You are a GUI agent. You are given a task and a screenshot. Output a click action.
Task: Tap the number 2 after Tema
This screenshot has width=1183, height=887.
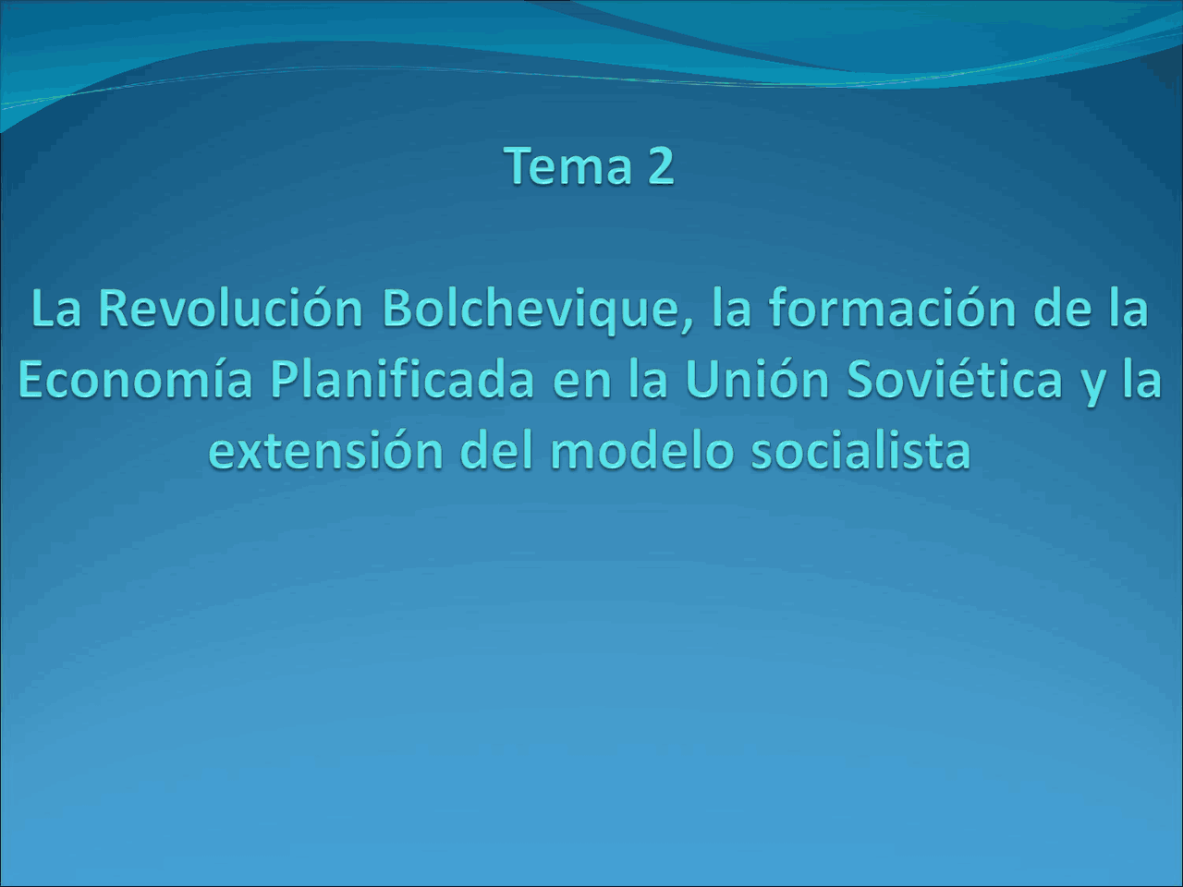point(660,166)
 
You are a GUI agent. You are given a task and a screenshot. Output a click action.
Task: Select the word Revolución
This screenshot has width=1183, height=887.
point(230,308)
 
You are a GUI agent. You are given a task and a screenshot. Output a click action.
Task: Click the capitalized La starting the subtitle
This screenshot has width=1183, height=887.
point(56,308)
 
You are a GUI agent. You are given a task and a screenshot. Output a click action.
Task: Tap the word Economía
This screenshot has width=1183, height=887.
point(135,380)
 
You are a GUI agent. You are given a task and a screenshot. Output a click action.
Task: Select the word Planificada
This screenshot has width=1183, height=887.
point(402,380)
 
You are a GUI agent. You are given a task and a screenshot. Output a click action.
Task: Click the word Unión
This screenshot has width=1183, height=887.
point(758,380)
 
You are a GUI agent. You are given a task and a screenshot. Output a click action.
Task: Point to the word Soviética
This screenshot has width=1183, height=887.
point(955,380)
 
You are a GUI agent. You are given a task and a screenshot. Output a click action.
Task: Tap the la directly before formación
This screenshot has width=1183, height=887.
point(731,308)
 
